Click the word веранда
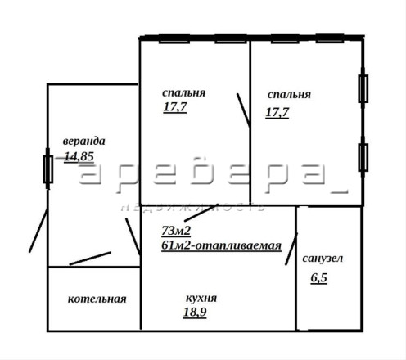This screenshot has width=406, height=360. click(x=83, y=142)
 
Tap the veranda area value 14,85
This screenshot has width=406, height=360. click(x=79, y=156)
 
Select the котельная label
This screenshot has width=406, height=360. click(x=97, y=299)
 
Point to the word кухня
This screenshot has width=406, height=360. click(x=201, y=298)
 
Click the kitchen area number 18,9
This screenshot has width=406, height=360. click(x=195, y=312)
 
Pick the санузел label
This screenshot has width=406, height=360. click(x=323, y=259)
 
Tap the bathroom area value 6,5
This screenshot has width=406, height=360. click(x=319, y=278)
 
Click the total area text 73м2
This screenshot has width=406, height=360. click(x=176, y=231)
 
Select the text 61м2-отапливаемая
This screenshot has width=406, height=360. click(x=221, y=245)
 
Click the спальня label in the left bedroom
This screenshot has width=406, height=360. click(x=184, y=93)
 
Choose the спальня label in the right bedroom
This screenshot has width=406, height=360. click(x=289, y=95)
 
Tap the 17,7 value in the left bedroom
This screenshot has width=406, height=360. click(x=175, y=107)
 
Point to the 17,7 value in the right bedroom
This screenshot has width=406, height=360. click(x=277, y=112)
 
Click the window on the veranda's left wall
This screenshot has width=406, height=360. click(x=48, y=169)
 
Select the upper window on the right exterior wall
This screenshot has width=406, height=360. click(x=363, y=89)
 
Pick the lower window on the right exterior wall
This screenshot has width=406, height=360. click(x=363, y=158)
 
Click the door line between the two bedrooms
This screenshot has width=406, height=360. click(x=244, y=110)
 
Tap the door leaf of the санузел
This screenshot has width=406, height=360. click(x=291, y=249)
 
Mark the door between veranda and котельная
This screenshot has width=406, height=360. click(x=90, y=259)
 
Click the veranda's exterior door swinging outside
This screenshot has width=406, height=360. click(x=38, y=231)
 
